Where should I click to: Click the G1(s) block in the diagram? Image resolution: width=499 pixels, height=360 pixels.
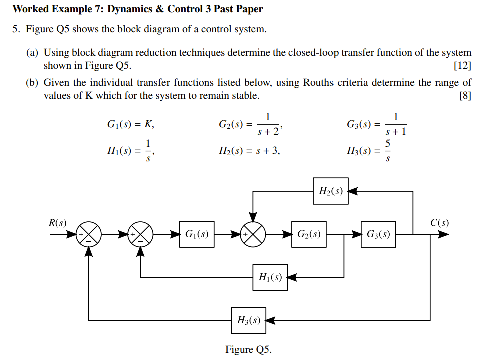point(197,234)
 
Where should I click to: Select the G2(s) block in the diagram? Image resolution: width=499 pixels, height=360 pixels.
point(309,234)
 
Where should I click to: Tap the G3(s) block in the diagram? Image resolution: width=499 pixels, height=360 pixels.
point(379,234)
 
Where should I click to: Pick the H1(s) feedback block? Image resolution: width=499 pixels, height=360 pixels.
point(270,277)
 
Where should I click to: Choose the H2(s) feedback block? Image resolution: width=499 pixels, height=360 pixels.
point(330,191)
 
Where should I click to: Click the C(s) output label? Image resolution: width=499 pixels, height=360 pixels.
point(440,222)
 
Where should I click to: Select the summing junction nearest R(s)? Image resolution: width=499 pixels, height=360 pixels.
point(89,234)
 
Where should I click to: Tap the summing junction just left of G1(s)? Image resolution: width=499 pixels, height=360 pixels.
point(141,234)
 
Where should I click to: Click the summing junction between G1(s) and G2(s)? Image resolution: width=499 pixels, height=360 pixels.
point(254,234)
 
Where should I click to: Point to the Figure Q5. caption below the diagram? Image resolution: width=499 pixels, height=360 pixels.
point(248,349)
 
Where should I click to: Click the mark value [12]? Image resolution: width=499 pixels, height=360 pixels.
point(462,66)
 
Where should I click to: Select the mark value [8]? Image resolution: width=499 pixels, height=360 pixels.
point(465,96)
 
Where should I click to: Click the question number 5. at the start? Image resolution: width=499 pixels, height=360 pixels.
point(16,29)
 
